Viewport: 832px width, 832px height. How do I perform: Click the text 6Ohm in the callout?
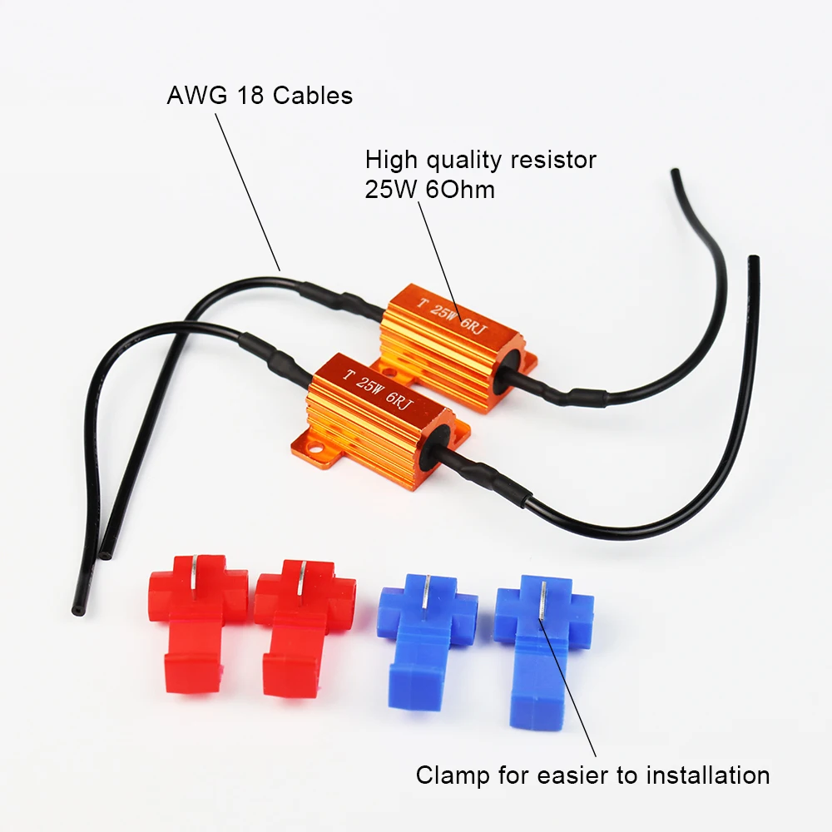[459, 190]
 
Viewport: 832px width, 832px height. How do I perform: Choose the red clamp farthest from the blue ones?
[197, 621]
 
